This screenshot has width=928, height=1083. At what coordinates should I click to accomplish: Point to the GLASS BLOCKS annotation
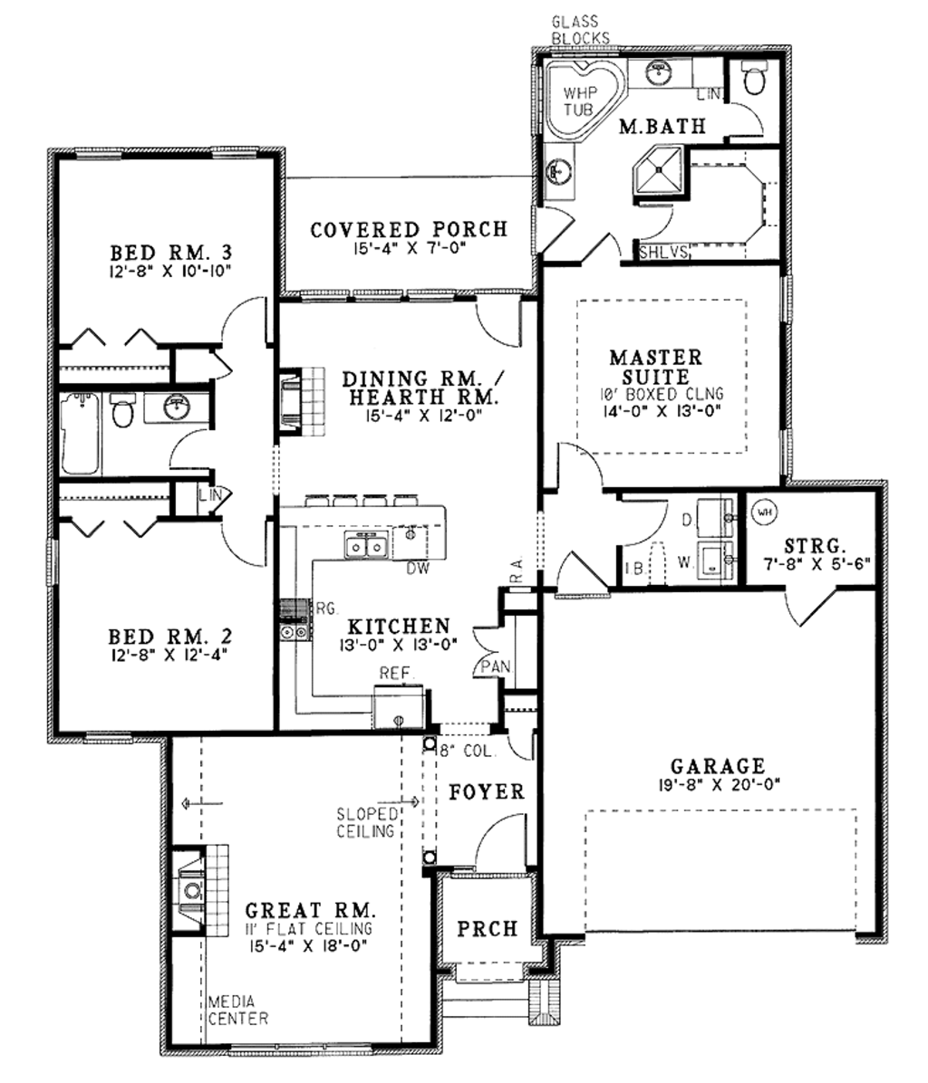point(581,30)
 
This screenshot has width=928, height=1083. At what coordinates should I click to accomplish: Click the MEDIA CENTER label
point(237,1010)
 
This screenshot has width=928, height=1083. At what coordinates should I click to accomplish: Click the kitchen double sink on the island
point(367,544)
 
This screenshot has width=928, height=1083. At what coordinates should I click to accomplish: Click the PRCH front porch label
point(488,929)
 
